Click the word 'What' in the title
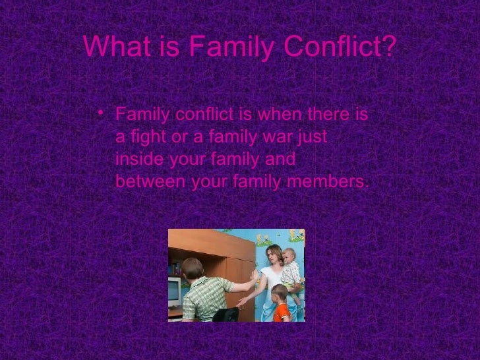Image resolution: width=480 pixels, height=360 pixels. pyautogui.click(x=110, y=46)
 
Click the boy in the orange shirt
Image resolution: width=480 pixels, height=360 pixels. pyautogui.click(x=280, y=304)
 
